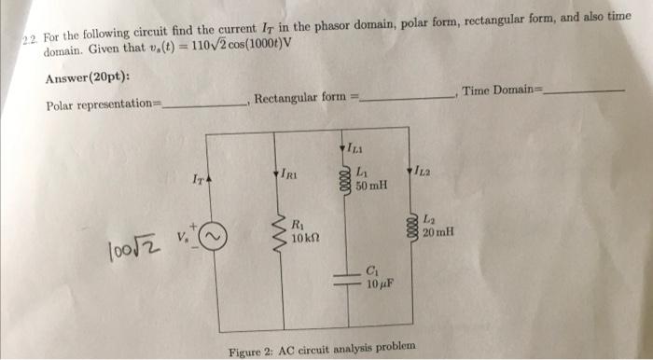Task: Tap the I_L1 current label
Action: (356, 149)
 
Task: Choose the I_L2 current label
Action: (419, 173)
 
